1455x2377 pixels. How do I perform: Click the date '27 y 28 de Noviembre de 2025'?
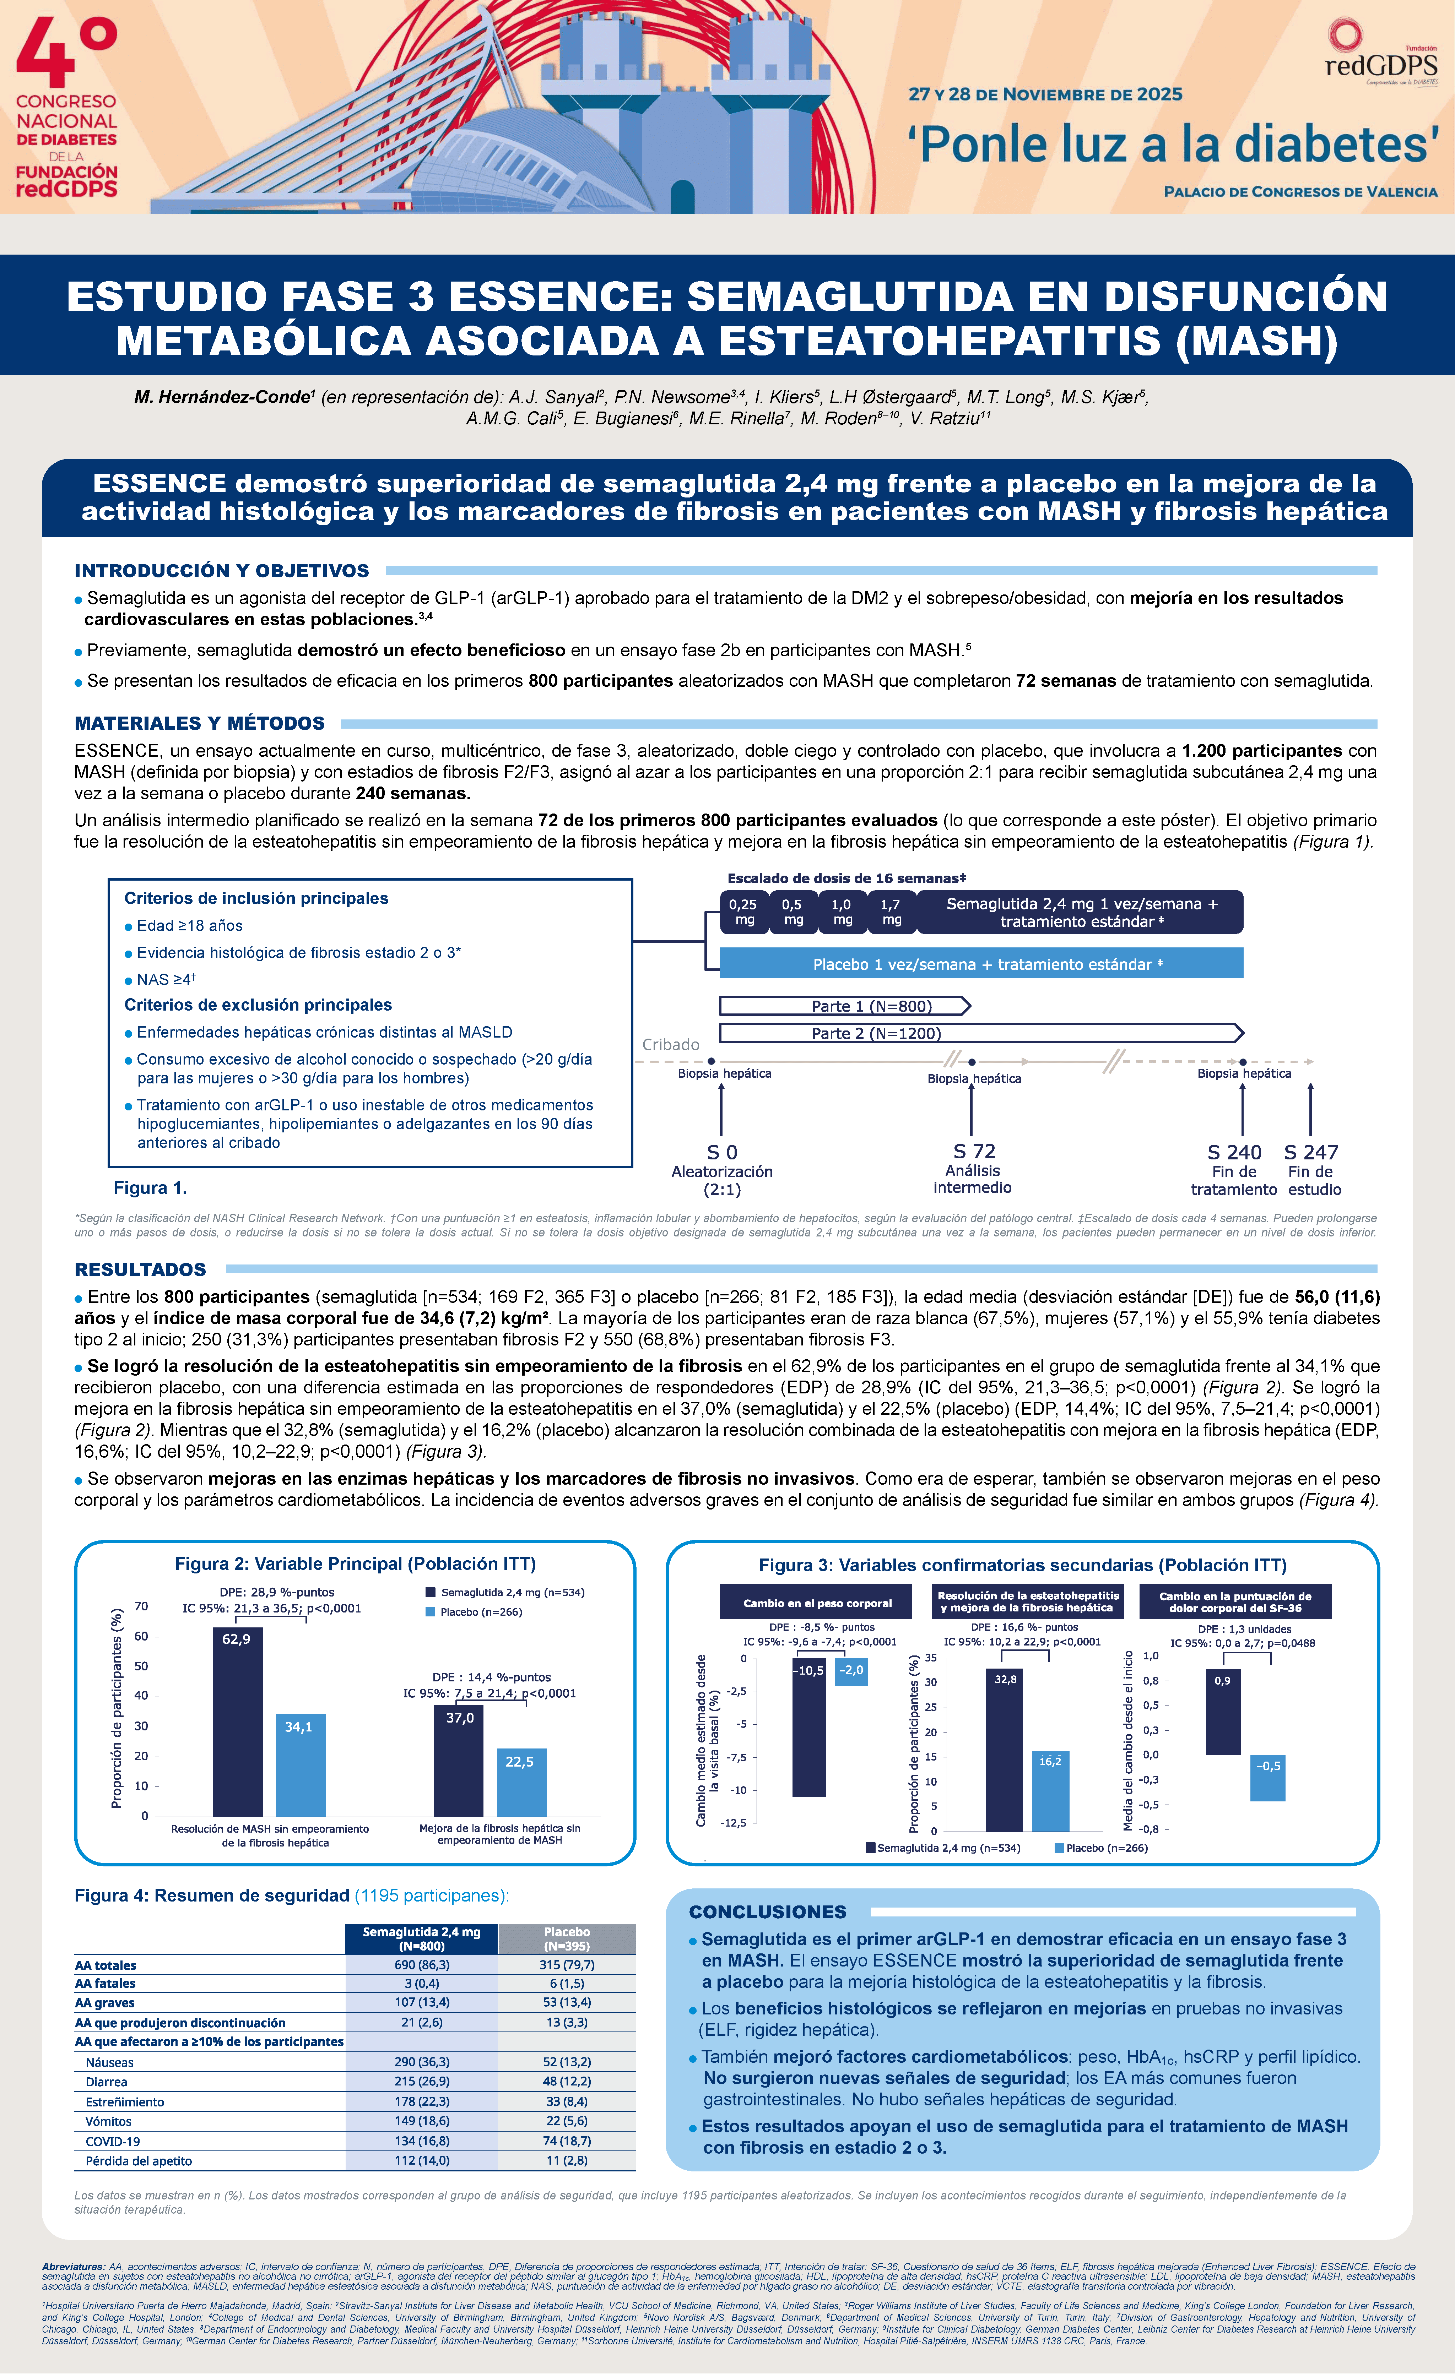tap(1045, 94)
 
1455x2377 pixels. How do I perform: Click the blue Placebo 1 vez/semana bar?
tap(981, 964)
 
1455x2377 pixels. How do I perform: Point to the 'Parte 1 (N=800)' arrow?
tap(844, 1006)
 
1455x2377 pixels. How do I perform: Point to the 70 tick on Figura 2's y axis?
tap(141, 1606)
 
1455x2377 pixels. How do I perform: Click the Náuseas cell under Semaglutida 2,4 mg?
tap(422, 2062)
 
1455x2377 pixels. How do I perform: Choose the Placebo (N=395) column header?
tap(566, 1938)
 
